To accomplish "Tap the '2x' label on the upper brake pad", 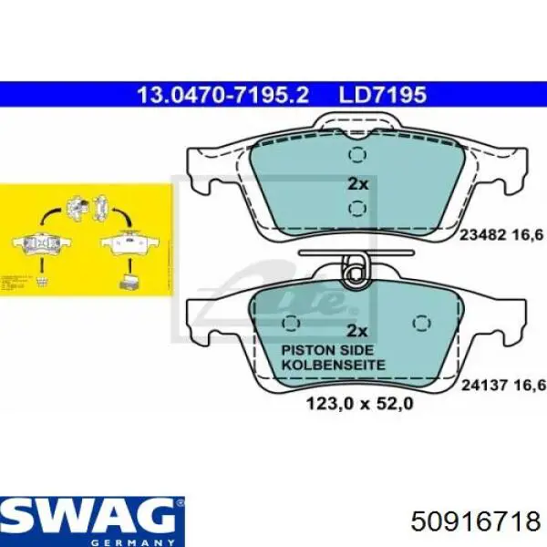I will pos(358,183).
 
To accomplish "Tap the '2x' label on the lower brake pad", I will pos(358,331).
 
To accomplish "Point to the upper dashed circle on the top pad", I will pos(358,153).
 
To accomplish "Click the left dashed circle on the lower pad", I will pos(292,325).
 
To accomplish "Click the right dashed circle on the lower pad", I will pos(421,325).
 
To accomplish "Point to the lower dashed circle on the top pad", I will pos(358,210).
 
